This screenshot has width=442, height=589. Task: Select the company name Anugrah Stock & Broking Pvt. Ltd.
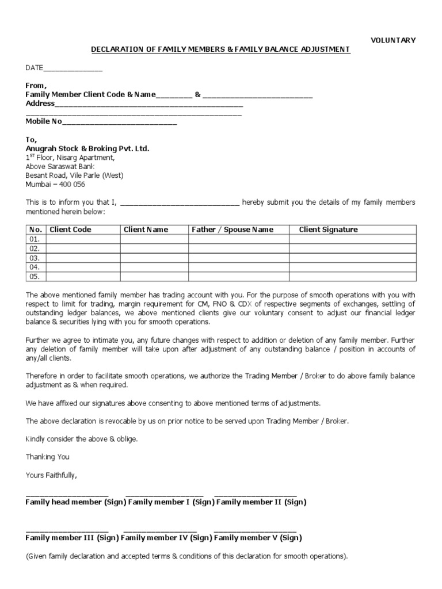(x=87, y=148)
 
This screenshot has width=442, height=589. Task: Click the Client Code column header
(x=70, y=230)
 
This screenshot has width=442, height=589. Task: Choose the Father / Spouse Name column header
(x=233, y=230)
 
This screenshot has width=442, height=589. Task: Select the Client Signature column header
(x=328, y=230)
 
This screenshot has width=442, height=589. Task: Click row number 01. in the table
(x=35, y=239)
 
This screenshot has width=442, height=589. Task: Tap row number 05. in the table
(x=35, y=277)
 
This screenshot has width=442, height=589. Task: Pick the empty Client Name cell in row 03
(x=154, y=258)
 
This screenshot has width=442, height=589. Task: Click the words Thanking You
(x=47, y=457)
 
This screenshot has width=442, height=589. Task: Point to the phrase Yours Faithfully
(x=51, y=476)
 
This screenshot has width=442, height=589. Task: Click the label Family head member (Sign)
(x=75, y=502)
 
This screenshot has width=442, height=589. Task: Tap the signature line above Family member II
(x=255, y=495)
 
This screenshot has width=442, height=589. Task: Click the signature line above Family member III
(x=67, y=530)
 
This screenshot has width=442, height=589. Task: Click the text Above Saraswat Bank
(x=56, y=166)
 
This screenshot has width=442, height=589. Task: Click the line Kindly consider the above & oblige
(x=82, y=439)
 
